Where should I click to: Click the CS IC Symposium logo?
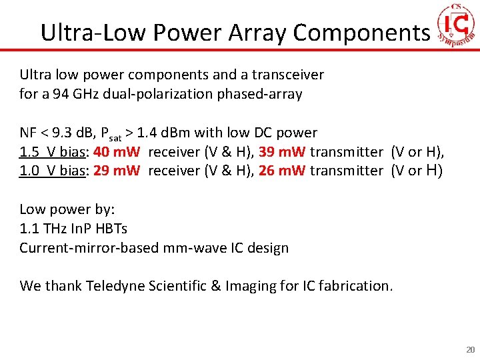coord(457,25)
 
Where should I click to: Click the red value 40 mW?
coord(116,152)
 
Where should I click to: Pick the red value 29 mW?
coord(117,171)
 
